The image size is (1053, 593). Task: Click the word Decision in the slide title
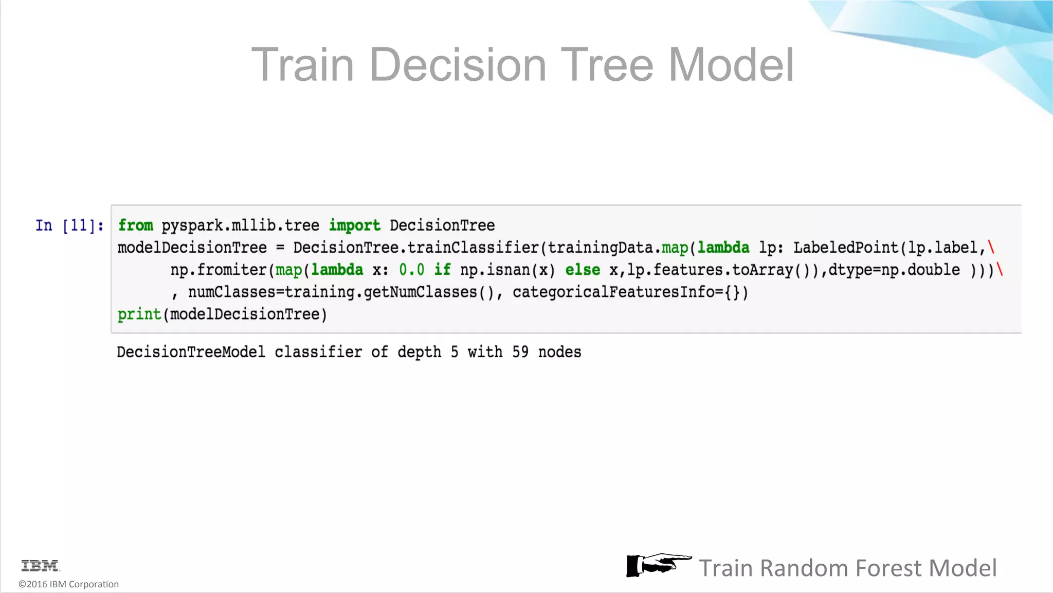tap(458, 65)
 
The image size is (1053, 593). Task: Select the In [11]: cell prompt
tap(69, 225)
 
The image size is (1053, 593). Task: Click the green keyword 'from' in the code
tap(136, 225)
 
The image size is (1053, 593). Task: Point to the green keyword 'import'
tap(355, 225)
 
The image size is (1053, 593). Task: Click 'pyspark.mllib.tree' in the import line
tap(240, 225)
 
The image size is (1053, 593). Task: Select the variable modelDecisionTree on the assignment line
tap(192, 248)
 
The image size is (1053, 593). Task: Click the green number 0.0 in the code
tap(411, 270)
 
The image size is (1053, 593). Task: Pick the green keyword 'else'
tap(583, 270)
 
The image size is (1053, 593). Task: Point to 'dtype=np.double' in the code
tap(894, 270)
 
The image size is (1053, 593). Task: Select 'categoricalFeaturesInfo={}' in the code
tap(630, 292)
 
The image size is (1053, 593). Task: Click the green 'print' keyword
tap(139, 315)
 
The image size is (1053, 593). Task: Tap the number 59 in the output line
tap(520, 352)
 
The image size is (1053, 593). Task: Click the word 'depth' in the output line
tap(419, 352)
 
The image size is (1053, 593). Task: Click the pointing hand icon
tap(658, 565)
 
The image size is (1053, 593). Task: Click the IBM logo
tap(40, 566)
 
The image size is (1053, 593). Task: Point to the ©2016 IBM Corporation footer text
tap(68, 584)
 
